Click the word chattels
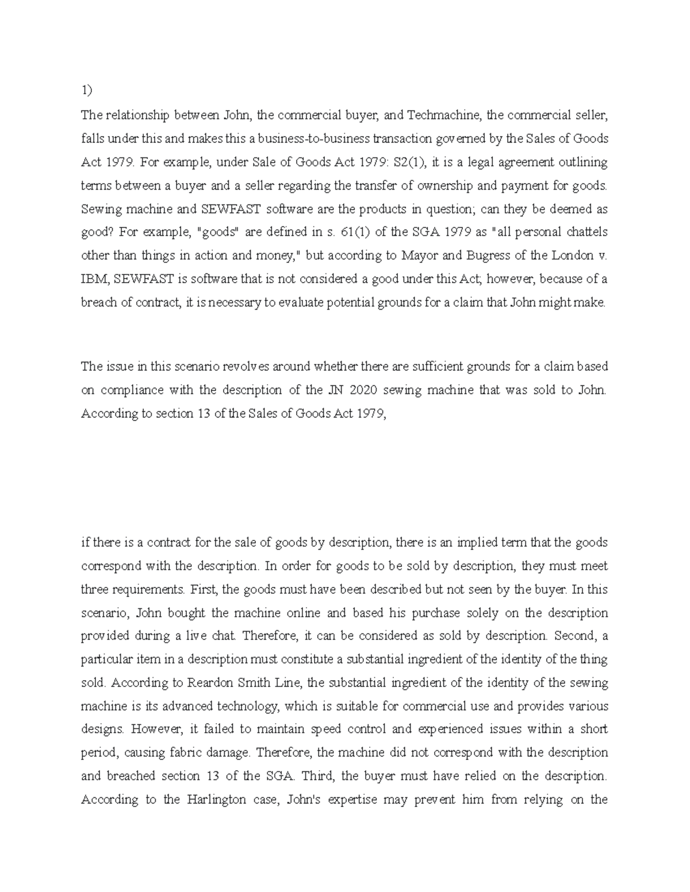point(583,233)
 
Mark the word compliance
point(132,391)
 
